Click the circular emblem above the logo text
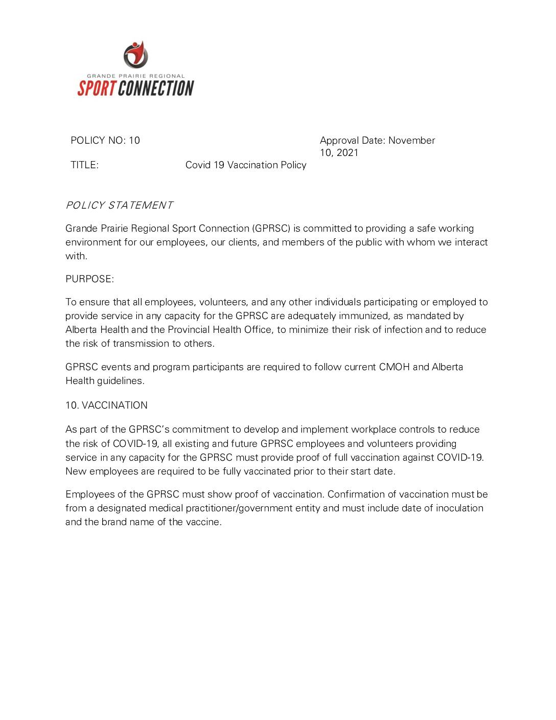click(135, 55)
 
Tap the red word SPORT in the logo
click(97, 88)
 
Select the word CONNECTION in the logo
click(156, 88)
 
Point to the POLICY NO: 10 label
click(105, 141)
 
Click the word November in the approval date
click(412, 141)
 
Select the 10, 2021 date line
click(339, 153)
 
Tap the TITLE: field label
click(84, 165)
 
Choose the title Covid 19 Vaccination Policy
click(246, 165)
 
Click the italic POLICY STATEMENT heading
click(119, 206)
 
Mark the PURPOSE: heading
click(90, 279)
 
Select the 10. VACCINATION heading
click(106, 406)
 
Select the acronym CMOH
click(394, 367)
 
